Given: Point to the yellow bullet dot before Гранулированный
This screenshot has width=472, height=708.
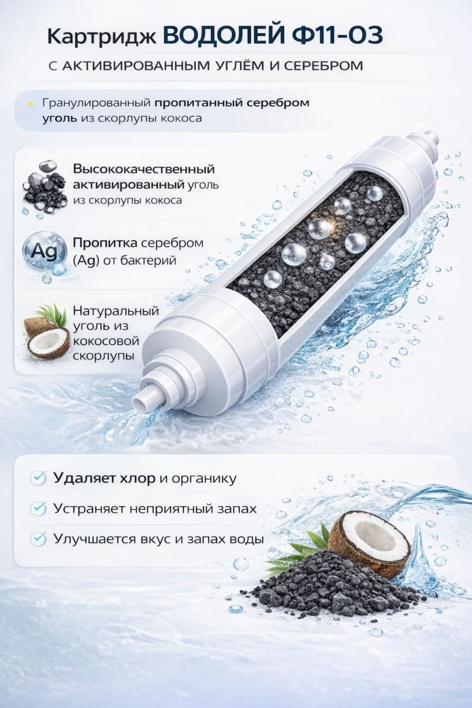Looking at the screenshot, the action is tap(30, 104).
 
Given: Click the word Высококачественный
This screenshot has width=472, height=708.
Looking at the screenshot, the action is tap(144, 169).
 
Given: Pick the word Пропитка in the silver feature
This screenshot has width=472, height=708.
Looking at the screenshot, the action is tap(105, 243).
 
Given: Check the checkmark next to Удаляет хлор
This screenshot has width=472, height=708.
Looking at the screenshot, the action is tap(38, 478).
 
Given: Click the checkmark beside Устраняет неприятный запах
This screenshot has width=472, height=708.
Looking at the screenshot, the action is tap(38, 509).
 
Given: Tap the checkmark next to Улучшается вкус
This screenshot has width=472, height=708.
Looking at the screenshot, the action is tap(38, 539).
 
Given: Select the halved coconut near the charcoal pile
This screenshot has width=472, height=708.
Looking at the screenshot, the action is tap(369, 537).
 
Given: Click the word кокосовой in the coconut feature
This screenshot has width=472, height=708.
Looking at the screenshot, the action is tap(106, 341).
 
